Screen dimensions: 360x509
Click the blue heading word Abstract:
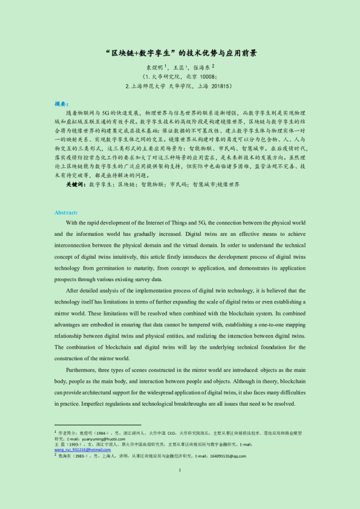pos(66,213)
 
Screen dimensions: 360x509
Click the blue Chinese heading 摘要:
pos(62,104)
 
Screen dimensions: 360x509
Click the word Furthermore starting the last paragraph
pos(83,370)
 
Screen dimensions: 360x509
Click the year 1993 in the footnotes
pos(76,444)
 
